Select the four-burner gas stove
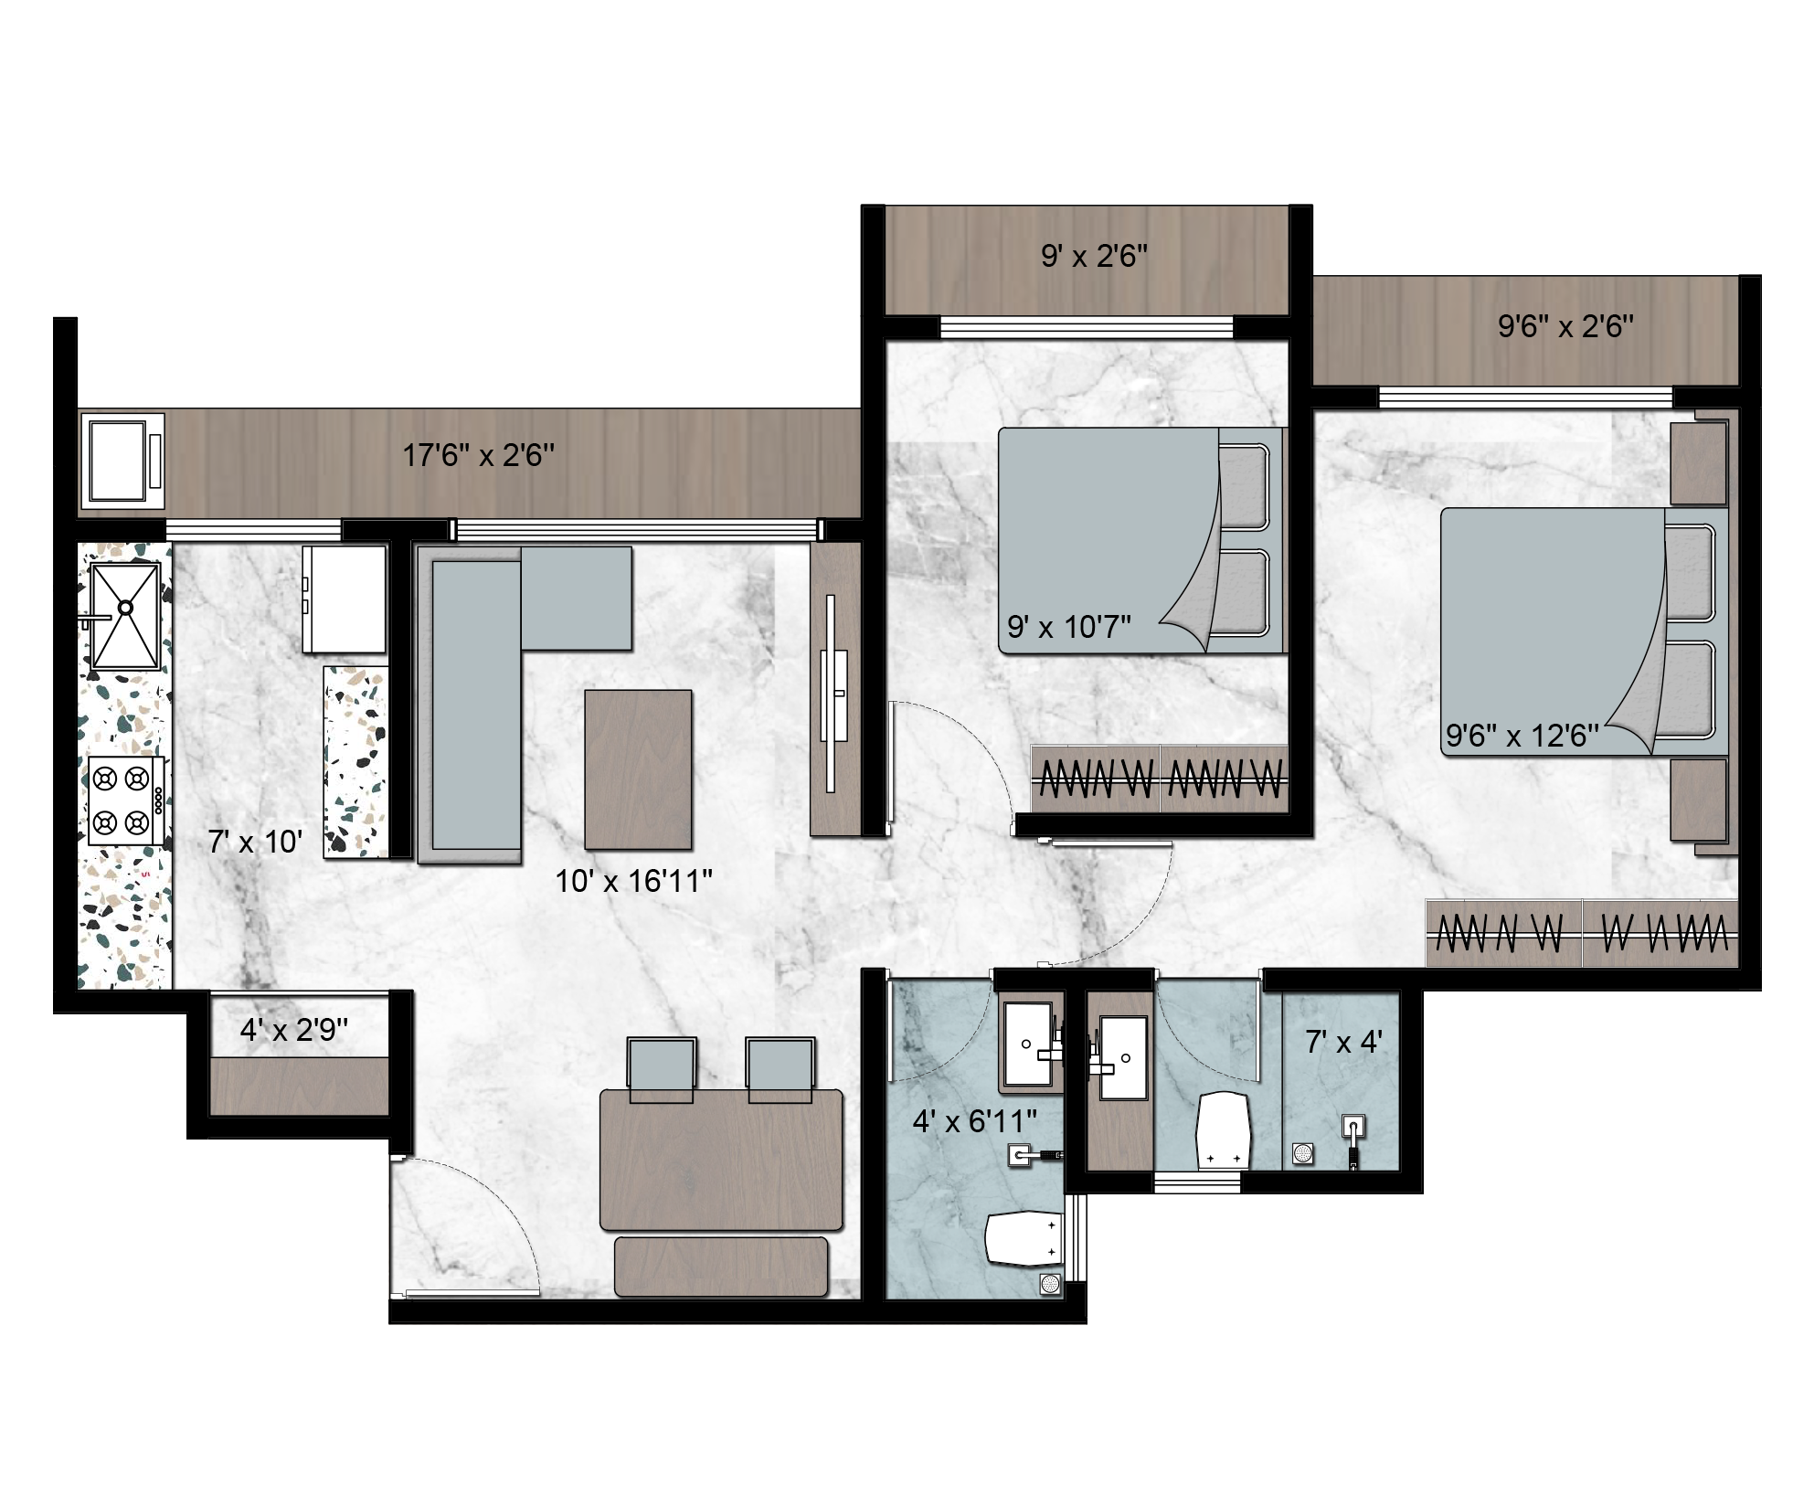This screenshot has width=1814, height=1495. (x=126, y=801)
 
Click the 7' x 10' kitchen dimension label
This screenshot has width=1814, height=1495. (x=255, y=842)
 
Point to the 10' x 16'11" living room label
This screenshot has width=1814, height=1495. (x=633, y=881)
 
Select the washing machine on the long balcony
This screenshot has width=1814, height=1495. (x=123, y=461)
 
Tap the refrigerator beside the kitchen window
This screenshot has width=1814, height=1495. (x=344, y=599)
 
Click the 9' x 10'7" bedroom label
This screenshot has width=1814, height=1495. (x=1069, y=627)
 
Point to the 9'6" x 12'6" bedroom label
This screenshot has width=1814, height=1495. (x=1522, y=735)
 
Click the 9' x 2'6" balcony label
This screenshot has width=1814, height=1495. (x=1094, y=256)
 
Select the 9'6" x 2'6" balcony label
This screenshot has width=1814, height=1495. (x=1565, y=326)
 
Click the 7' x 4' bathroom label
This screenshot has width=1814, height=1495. (x=1343, y=1041)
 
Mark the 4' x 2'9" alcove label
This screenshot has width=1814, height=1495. (x=294, y=1031)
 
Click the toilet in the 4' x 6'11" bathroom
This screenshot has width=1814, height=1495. (x=1022, y=1238)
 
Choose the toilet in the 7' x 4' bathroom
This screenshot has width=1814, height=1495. (x=1223, y=1129)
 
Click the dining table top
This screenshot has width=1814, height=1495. (x=721, y=1160)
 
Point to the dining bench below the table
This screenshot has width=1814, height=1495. (x=721, y=1267)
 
